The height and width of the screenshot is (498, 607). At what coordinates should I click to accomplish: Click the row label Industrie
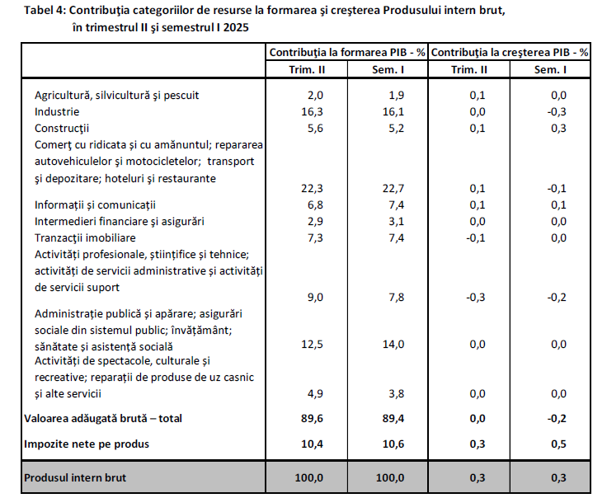[x=57, y=111]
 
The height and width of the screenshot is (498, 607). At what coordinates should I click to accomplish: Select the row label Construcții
[x=61, y=128]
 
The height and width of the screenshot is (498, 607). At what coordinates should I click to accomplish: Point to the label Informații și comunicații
[x=95, y=204]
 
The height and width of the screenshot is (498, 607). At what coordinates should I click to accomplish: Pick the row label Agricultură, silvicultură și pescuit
[x=116, y=95]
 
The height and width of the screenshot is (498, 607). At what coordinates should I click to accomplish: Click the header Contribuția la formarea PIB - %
[x=347, y=52]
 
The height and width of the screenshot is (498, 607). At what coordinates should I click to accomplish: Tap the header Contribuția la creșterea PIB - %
[x=510, y=52]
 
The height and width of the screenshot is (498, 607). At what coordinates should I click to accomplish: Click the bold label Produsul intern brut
[x=75, y=477]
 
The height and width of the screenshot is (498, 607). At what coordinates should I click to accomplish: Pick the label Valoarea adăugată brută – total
[x=103, y=419]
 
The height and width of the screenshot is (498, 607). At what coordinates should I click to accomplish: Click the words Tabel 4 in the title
[x=45, y=10]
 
